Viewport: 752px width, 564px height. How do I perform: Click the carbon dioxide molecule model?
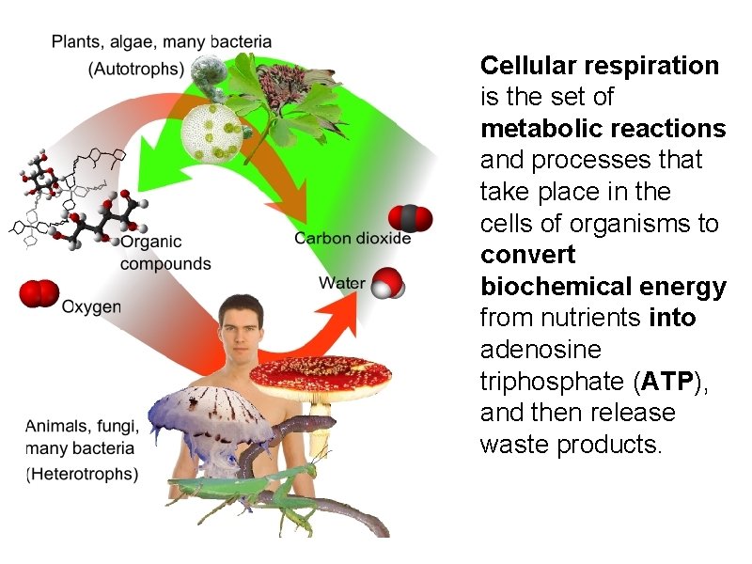tap(410, 218)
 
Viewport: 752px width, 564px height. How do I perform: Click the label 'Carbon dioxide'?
tap(352, 239)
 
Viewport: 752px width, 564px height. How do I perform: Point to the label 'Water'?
tap(342, 283)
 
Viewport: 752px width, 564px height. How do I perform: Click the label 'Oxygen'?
tap(91, 306)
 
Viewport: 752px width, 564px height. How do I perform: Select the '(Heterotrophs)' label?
tap(82, 474)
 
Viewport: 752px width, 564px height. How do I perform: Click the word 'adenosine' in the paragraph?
tap(541, 350)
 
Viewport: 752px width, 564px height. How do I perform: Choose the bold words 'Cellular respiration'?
tap(600, 66)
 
